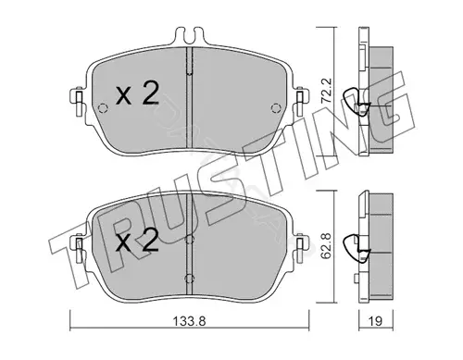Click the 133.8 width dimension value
(x=189, y=322)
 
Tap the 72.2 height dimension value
(x=326, y=91)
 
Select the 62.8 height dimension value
(x=326, y=246)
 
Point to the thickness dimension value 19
(x=375, y=321)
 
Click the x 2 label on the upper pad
(x=138, y=93)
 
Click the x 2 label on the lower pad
(x=138, y=240)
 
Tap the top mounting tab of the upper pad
(x=189, y=36)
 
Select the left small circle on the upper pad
(x=103, y=108)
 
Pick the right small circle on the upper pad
(x=276, y=108)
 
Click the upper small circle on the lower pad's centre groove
(x=189, y=240)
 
